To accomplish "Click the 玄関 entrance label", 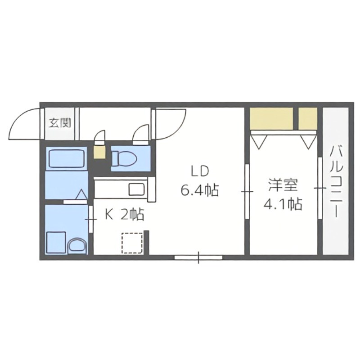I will coord(59,122).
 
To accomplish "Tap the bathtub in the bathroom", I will coord(67,158).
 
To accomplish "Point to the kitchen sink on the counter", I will coord(136,189).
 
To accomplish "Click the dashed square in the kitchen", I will coord(132,243).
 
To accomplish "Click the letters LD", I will coord(199,171).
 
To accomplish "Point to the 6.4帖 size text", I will coord(199,191).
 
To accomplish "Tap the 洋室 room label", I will coord(283,185).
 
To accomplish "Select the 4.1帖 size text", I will coord(283,205).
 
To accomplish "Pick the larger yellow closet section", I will coord(271,118).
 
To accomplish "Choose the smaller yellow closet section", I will coord(308,118).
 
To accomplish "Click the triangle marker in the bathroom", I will coord(81,194).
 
